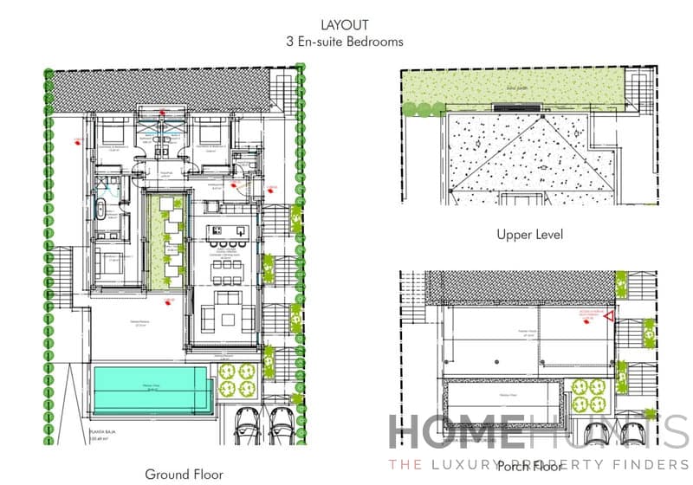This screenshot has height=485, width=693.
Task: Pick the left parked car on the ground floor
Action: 249,424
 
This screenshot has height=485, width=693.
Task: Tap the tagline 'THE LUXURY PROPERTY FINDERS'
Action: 537,465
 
